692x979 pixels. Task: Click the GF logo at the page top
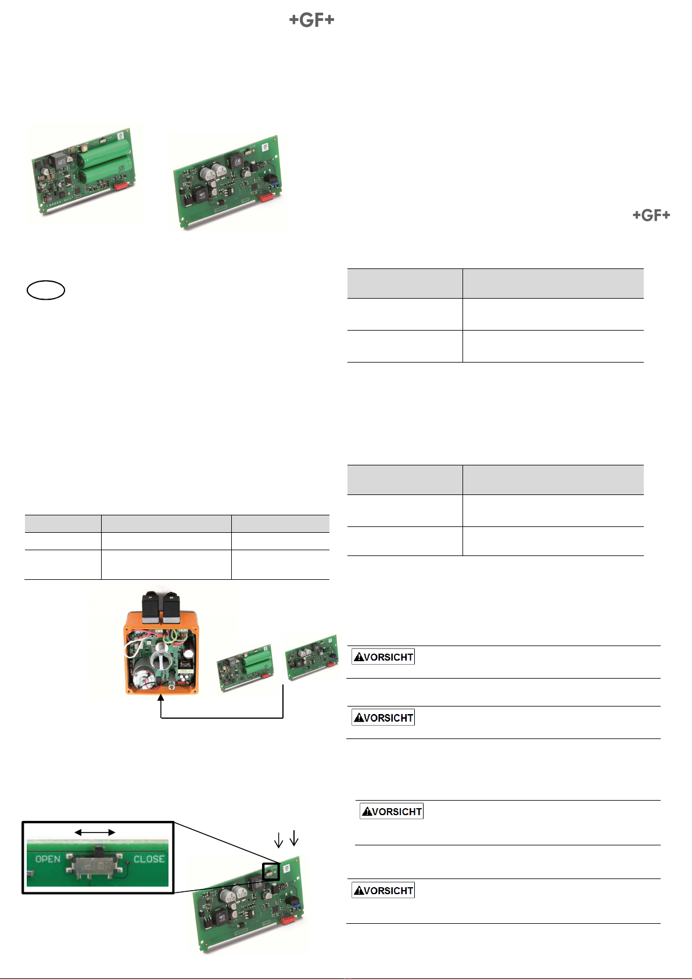pos(311,20)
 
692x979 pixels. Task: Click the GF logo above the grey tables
pos(651,215)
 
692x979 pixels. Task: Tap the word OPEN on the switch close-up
pos(48,859)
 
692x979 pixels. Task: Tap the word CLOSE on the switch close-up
pos(149,859)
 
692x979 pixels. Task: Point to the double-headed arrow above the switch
pos(95,833)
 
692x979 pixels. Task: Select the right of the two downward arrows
pos(294,838)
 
